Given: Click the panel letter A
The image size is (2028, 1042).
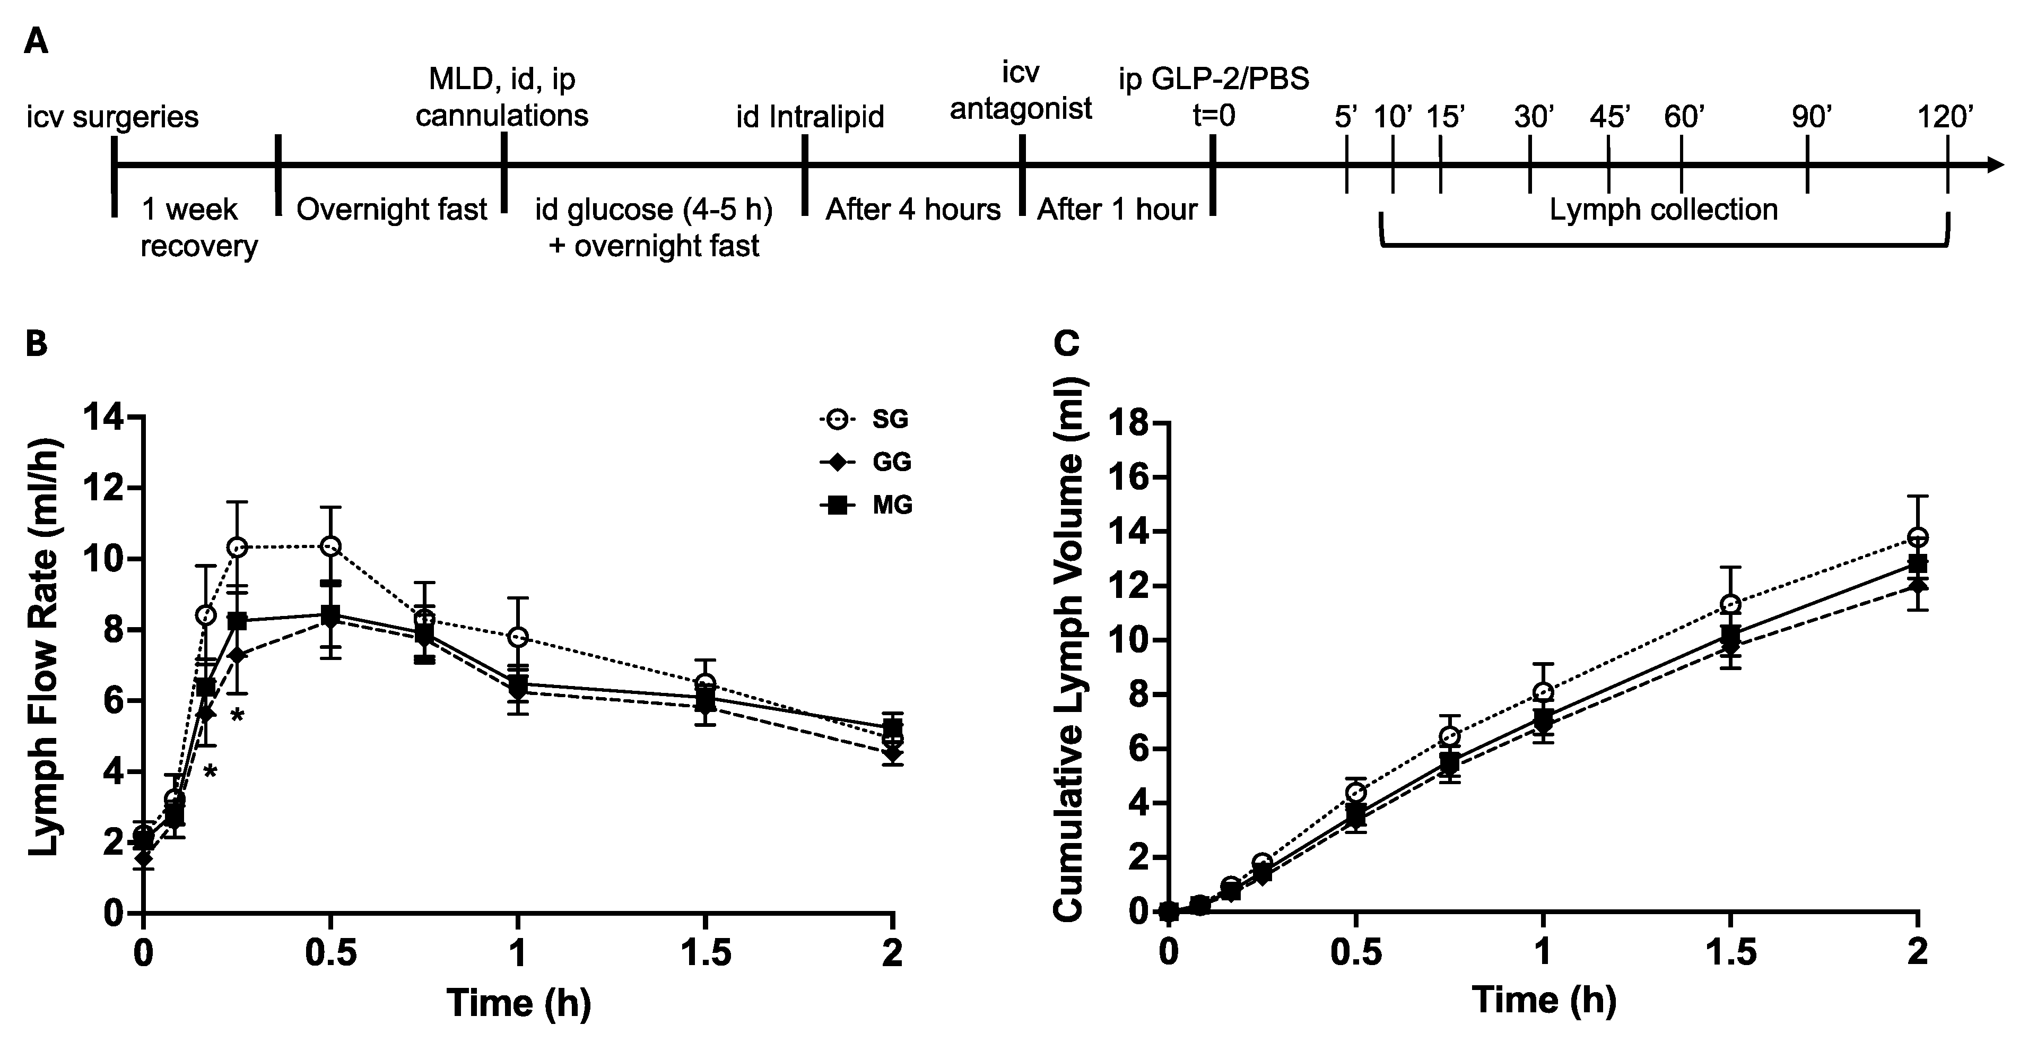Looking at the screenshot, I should [36, 41].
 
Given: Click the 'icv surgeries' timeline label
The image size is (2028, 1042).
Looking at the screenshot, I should [112, 117].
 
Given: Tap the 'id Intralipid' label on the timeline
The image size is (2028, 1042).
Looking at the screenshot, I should [810, 117].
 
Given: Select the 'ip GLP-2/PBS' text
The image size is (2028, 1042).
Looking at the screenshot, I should [1214, 80].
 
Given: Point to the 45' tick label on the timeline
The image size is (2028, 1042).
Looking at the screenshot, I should [1609, 117].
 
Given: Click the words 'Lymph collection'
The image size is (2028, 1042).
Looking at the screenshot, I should [1664, 210].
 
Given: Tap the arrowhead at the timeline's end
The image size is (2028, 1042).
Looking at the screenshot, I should [1995, 164].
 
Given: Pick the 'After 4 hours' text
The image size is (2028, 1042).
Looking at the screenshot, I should [912, 210].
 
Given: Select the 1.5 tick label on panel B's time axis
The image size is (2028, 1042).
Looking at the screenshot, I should [704, 954].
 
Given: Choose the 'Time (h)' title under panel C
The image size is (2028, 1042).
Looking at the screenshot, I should [1544, 1000].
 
